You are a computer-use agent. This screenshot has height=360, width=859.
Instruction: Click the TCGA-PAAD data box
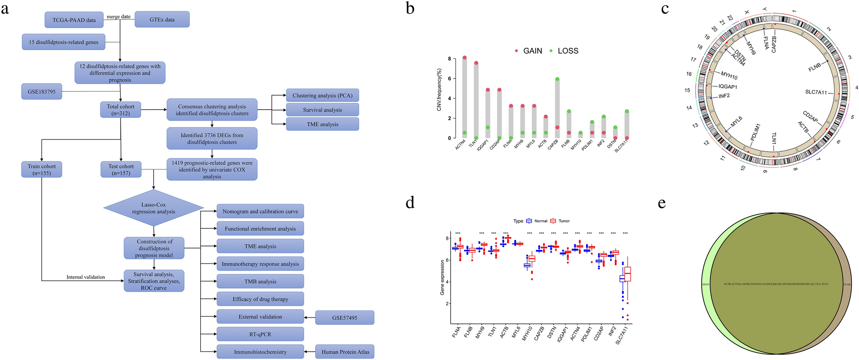coord(74,20)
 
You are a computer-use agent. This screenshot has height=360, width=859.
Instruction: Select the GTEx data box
coord(162,20)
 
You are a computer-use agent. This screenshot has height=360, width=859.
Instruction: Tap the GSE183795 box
coord(42,92)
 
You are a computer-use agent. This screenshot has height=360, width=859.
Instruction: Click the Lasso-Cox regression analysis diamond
coord(153,208)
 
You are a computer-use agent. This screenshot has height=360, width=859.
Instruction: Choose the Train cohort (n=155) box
coord(42,169)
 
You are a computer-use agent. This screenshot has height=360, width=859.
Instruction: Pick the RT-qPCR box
coord(260,334)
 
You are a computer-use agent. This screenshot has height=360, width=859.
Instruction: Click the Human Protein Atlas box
coord(345,352)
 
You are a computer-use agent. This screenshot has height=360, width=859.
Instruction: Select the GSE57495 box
coord(344,317)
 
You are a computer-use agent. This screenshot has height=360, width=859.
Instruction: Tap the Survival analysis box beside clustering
coord(323,110)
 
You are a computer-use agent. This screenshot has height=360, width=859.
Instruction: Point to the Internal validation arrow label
coord(85,277)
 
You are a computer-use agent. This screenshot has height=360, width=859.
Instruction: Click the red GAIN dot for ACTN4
coord(465,58)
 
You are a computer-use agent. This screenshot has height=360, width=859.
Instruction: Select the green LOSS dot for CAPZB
coord(557,79)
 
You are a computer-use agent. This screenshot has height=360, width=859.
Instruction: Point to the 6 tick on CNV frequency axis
coord(449,78)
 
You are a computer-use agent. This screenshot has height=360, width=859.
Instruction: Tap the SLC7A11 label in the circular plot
coord(816,92)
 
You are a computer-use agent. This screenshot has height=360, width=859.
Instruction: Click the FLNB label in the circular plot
coord(814,68)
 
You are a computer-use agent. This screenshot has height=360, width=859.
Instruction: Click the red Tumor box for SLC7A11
coord(628,274)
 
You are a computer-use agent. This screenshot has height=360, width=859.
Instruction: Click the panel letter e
coord(662,203)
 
